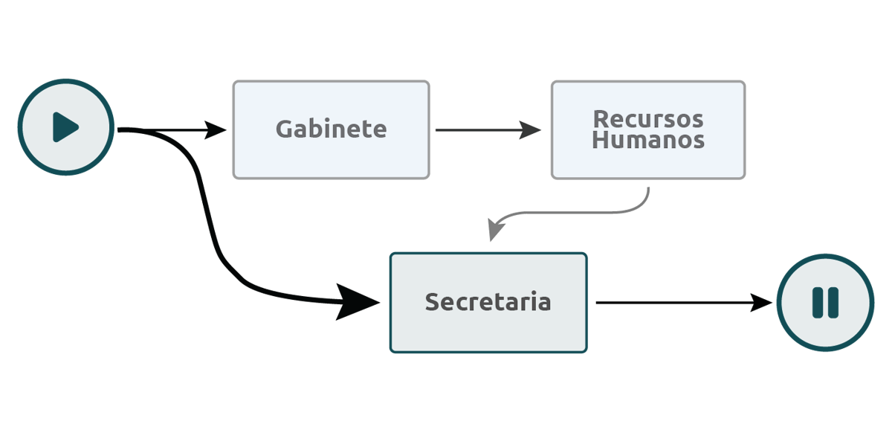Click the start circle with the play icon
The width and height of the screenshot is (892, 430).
(65, 127)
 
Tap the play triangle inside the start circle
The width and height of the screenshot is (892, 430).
(65, 127)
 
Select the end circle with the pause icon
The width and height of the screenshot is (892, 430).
(826, 303)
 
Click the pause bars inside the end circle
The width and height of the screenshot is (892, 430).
(826, 303)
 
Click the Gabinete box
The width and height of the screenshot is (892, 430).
(331, 130)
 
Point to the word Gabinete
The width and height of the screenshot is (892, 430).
(331, 129)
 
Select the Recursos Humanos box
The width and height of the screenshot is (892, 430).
(648, 130)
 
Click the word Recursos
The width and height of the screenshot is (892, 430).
(648, 119)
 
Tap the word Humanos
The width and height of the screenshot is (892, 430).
(648, 140)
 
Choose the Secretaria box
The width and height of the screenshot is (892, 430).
(488, 303)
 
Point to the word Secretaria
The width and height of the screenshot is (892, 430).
(488, 302)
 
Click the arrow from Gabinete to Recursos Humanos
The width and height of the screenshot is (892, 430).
(488, 130)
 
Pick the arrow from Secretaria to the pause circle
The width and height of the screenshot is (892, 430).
(684, 303)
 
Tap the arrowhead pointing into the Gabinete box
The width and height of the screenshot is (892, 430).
(215, 130)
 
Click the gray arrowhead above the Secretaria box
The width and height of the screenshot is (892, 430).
(495, 230)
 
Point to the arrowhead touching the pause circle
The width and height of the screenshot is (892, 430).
(761, 303)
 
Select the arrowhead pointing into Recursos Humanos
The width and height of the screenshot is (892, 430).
(530, 130)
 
